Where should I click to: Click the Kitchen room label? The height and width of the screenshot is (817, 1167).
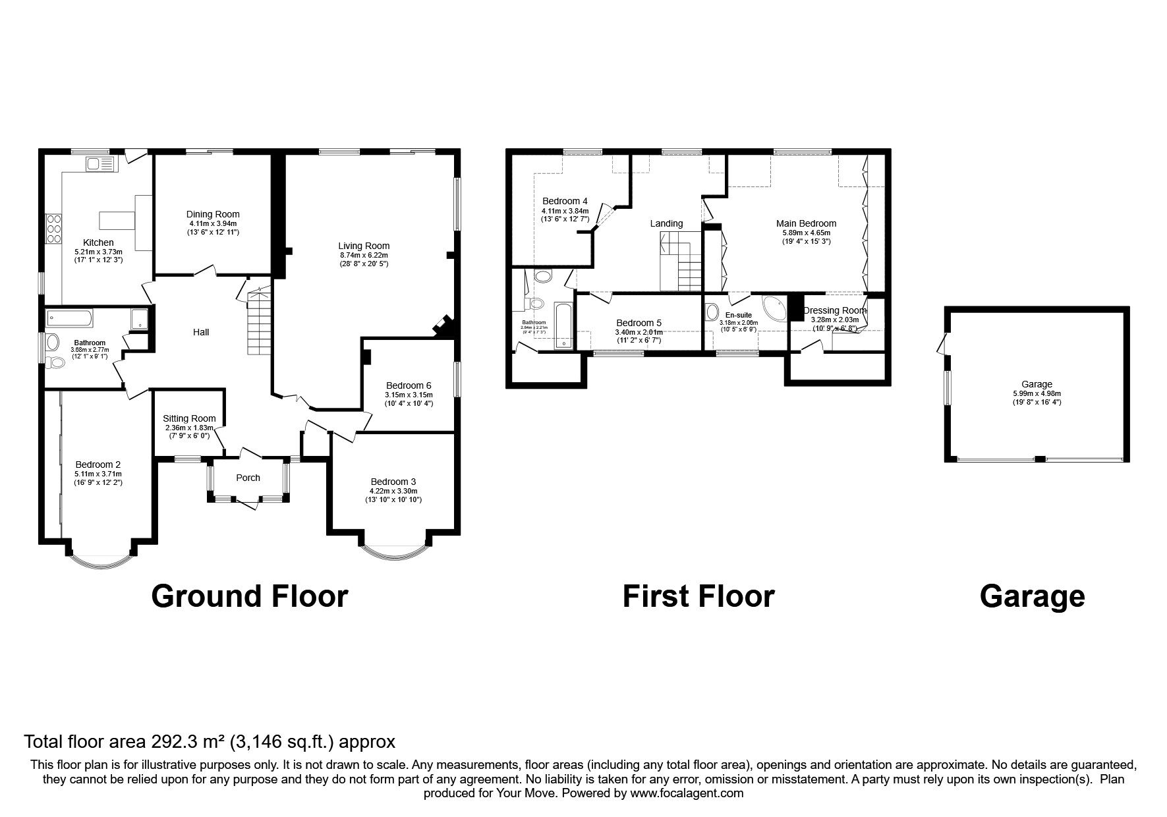click(98, 242)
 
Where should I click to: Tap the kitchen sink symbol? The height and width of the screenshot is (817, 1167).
click(100, 163)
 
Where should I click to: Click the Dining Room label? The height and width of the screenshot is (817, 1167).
click(213, 214)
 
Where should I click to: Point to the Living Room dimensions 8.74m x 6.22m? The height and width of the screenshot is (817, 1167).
click(364, 255)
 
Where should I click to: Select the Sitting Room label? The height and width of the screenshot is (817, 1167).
click(189, 418)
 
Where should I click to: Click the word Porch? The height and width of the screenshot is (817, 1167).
click(248, 478)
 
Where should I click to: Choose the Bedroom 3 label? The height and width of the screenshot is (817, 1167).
click(393, 482)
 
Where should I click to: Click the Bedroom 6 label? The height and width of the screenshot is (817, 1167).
click(409, 385)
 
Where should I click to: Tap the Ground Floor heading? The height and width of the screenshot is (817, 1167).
click(249, 596)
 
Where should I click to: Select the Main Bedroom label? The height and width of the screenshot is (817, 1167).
click(805, 223)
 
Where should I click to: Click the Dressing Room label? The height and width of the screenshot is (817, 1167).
click(834, 310)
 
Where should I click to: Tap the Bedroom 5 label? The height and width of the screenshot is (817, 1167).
click(638, 323)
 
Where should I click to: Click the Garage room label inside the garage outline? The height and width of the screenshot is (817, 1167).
click(1037, 384)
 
